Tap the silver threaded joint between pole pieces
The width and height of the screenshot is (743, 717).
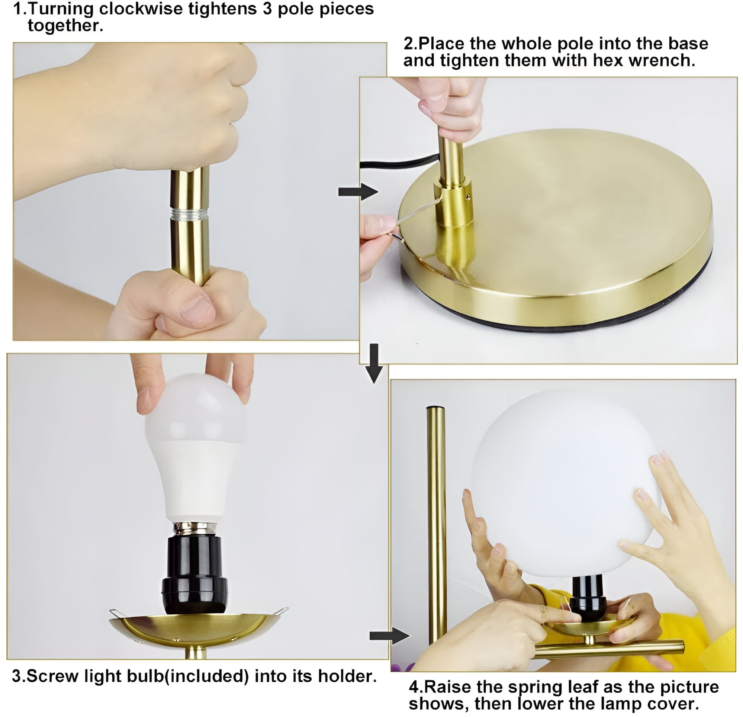pyautogui.click(x=189, y=214)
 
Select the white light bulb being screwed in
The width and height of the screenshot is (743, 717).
pyautogui.click(x=194, y=447)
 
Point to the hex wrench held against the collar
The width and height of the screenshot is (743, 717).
pyautogui.click(x=417, y=216)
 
